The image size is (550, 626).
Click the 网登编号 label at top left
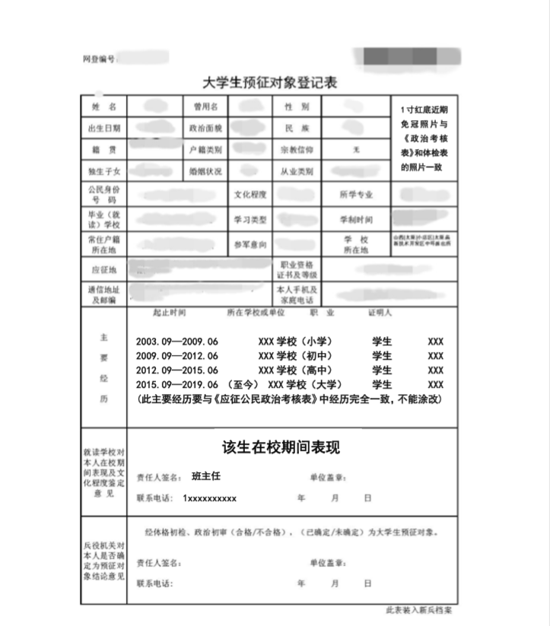[x=99, y=59]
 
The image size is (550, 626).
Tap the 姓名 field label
[x=103, y=106]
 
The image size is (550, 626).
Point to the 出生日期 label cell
[x=103, y=129]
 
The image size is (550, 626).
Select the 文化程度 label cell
[x=250, y=195]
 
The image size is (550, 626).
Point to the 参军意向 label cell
[x=250, y=245]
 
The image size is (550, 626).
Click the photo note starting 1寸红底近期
[x=424, y=137]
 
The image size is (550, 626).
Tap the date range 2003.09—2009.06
[x=176, y=342]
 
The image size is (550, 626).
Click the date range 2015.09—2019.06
[x=176, y=384]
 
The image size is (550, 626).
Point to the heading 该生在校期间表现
[x=281, y=447]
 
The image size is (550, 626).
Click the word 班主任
[x=205, y=476]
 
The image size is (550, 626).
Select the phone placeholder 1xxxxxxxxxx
[x=209, y=498]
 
